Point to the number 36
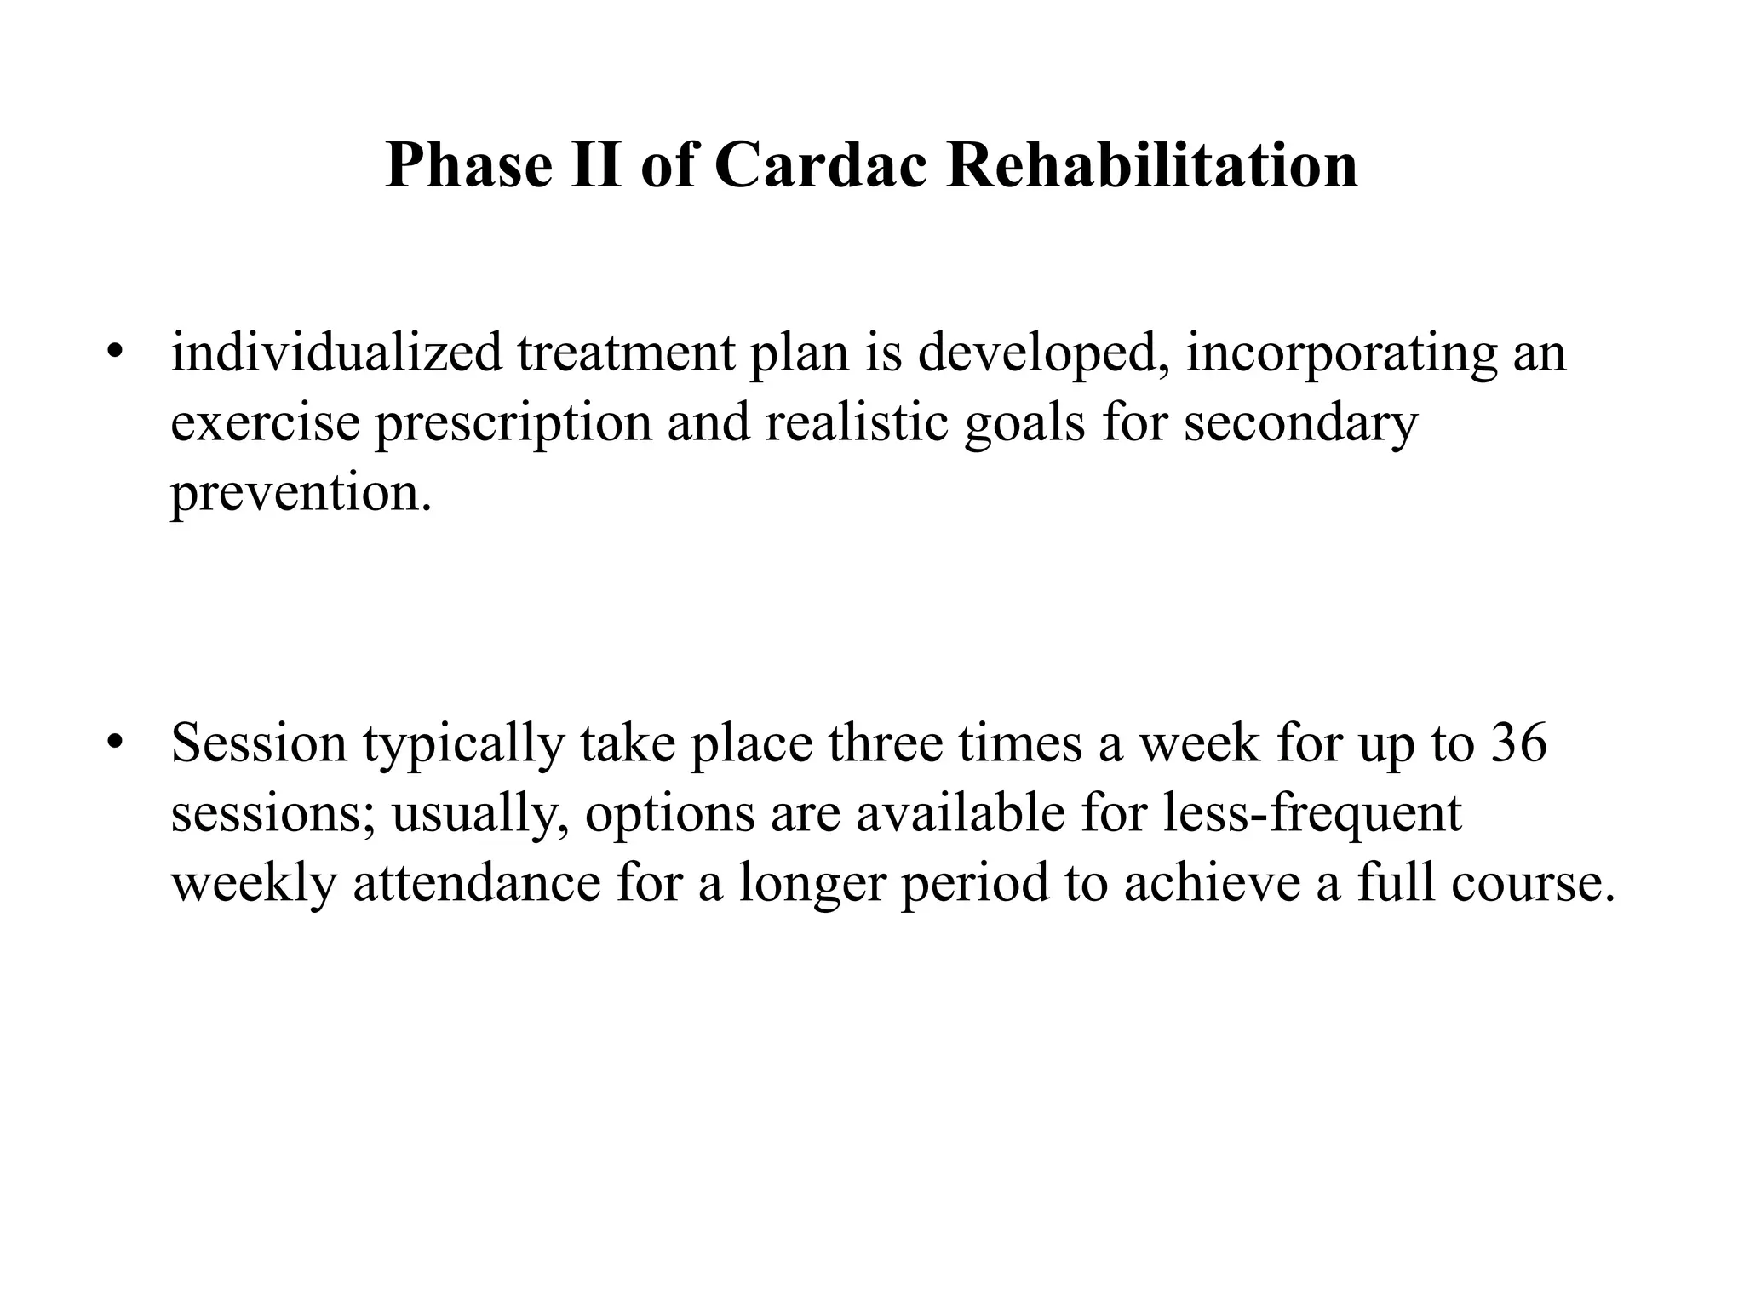pos(1518,742)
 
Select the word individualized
pos(336,352)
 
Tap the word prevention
pos(300,492)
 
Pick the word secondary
pos(1300,422)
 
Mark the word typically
pos(463,743)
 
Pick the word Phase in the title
pos(469,164)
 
